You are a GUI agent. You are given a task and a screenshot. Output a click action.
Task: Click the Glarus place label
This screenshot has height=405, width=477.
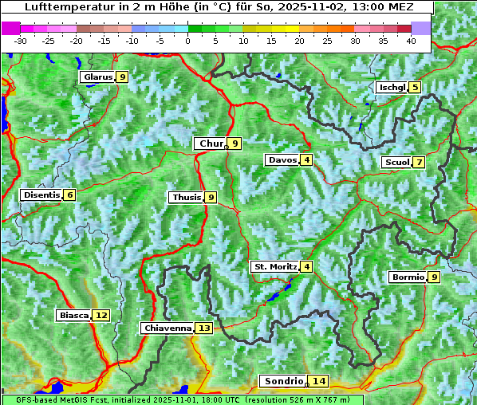97,77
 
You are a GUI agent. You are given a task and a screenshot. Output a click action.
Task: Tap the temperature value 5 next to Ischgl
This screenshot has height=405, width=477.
415,87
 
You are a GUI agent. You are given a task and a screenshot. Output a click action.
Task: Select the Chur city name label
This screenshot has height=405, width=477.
211,144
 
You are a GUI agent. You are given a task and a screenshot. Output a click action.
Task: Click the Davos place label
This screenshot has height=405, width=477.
282,160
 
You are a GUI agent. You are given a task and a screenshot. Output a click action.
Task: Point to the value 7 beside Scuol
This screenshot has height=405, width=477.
419,163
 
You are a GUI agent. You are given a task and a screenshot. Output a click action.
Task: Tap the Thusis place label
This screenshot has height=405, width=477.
186,197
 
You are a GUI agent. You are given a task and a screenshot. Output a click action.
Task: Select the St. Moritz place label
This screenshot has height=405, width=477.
274,266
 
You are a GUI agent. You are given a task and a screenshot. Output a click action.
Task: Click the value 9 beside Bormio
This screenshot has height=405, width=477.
433,277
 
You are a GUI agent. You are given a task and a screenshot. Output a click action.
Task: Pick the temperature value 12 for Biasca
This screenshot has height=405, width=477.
101,316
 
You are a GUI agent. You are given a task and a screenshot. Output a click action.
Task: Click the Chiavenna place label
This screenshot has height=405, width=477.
167,328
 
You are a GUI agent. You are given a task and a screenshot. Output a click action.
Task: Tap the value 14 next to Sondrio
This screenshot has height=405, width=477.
319,381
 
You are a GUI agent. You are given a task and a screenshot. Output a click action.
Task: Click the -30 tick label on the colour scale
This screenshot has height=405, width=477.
21,41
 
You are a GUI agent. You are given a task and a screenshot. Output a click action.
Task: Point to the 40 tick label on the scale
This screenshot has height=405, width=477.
411,41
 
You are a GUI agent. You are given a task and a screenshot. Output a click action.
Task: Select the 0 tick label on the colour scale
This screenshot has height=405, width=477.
187,41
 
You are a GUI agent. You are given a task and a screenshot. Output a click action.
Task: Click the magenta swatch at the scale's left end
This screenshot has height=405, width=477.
11,28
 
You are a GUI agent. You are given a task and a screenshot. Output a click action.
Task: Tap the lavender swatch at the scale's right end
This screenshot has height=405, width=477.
421,28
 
